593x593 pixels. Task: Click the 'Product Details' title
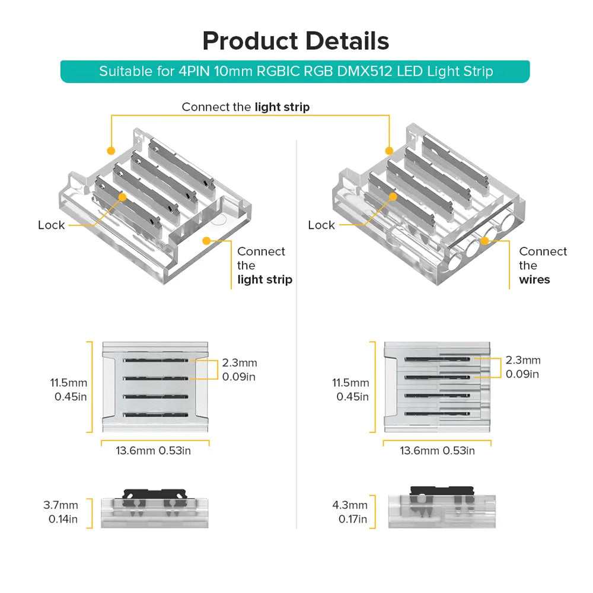[296, 41]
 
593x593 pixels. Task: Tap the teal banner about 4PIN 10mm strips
[295, 72]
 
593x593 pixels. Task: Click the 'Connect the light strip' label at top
[246, 107]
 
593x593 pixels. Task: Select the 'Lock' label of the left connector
[51, 225]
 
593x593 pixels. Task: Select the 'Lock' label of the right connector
[321, 225]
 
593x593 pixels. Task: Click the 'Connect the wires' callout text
[543, 265]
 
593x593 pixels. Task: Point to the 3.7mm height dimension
[60, 512]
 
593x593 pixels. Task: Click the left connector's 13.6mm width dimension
[153, 451]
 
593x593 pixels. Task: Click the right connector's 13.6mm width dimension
[437, 451]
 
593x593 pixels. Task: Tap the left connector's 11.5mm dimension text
[69, 389]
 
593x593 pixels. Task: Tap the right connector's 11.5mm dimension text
[350, 389]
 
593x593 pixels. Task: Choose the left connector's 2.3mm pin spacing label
[240, 369]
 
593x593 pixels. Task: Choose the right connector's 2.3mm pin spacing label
[522, 366]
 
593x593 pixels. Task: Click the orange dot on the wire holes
[485, 240]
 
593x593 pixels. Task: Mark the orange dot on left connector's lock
[122, 196]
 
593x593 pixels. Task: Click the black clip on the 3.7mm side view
[153, 493]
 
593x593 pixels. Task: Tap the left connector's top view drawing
[155, 387]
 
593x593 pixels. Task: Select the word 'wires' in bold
[534, 279]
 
